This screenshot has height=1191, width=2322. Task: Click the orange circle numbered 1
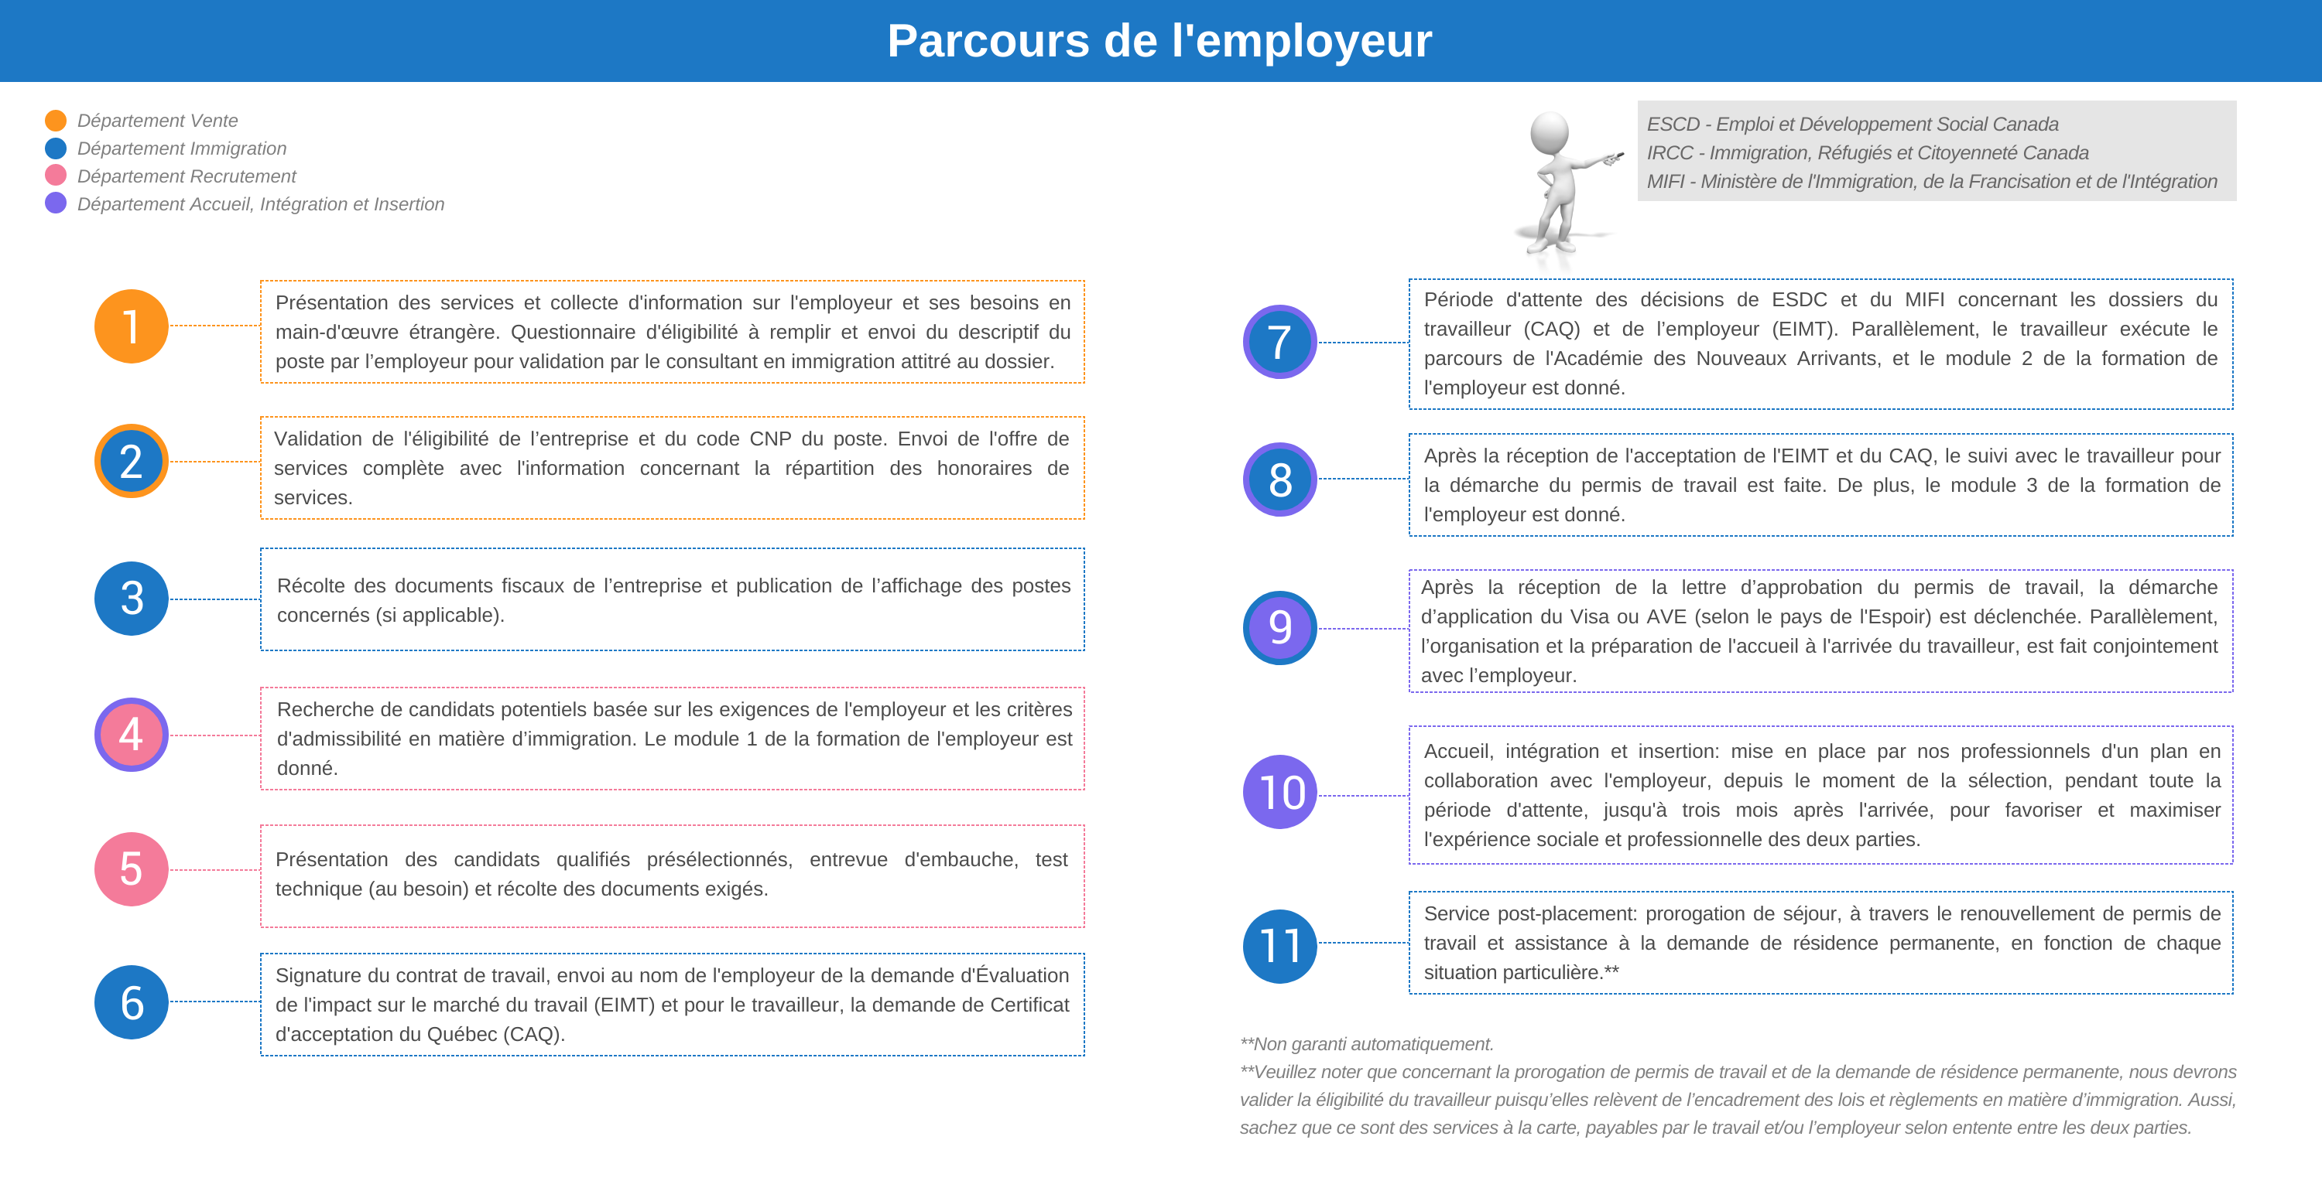[x=132, y=326]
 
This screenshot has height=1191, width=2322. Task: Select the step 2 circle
[x=132, y=461]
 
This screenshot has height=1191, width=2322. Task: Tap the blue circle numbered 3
[x=132, y=598]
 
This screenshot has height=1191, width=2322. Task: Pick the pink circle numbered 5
[x=132, y=869]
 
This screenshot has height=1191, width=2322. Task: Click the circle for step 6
[x=132, y=1002]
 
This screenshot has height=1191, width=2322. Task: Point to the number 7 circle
[x=1279, y=343]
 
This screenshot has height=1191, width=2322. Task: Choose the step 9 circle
[x=1279, y=628]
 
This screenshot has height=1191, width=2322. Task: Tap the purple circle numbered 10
[x=1279, y=792]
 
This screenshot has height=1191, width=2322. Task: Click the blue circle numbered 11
[x=1279, y=946]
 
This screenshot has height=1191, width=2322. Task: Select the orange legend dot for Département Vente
[x=56, y=121]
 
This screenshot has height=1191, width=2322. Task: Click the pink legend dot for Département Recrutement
[x=56, y=176]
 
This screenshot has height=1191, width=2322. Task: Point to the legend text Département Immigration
[x=181, y=148]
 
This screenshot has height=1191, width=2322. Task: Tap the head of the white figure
[x=1550, y=130]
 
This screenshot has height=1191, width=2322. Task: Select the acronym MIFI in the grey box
[x=1666, y=182]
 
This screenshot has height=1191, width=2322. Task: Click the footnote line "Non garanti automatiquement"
[x=1367, y=1044]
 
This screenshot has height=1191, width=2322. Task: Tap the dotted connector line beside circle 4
[x=214, y=735]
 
